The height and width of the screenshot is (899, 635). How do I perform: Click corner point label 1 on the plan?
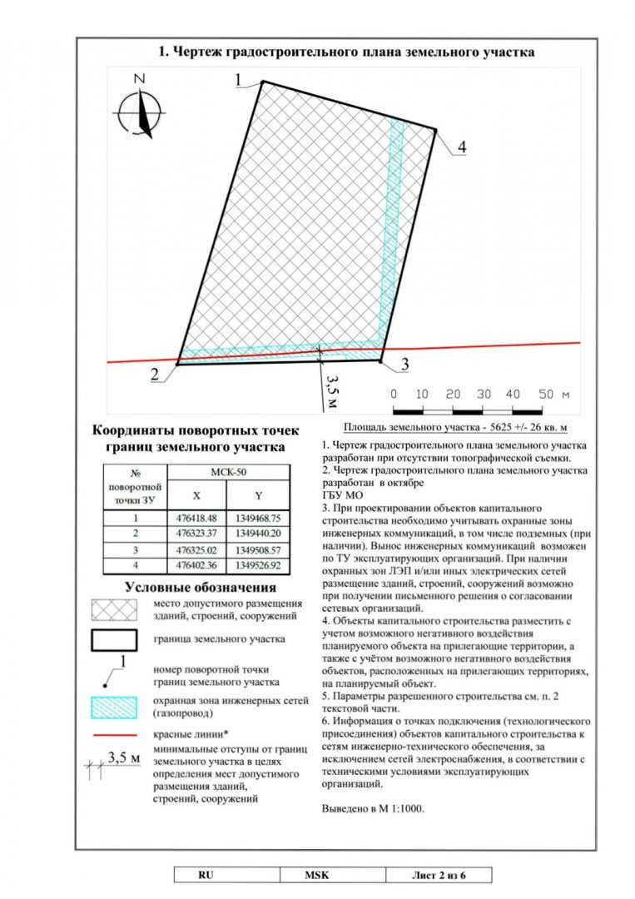pyautogui.click(x=239, y=80)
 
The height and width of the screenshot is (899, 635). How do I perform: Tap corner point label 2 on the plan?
pyautogui.click(x=156, y=375)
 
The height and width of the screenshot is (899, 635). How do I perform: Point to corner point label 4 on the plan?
pyautogui.click(x=460, y=147)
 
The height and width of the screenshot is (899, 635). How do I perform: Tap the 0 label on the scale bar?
pyautogui.click(x=394, y=393)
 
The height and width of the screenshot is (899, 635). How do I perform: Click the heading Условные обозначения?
pyautogui.click(x=200, y=588)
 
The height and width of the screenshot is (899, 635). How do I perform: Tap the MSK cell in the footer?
pyautogui.click(x=316, y=875)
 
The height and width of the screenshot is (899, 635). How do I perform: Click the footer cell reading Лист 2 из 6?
pyautogui.click(x=438, y=875)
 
